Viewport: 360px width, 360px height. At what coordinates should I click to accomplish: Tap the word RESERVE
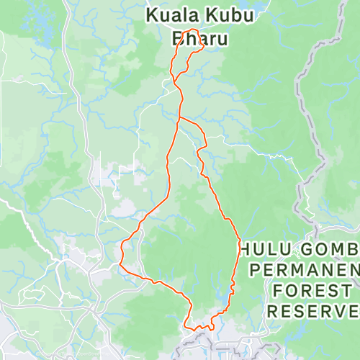point(312,312)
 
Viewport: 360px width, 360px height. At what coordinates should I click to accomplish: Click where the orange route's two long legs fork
point(179,117)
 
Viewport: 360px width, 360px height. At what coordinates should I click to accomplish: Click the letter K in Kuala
point(152,14)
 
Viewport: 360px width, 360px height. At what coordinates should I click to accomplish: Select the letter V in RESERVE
point(341,312)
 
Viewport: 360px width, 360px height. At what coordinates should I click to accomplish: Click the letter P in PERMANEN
point(254,271)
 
